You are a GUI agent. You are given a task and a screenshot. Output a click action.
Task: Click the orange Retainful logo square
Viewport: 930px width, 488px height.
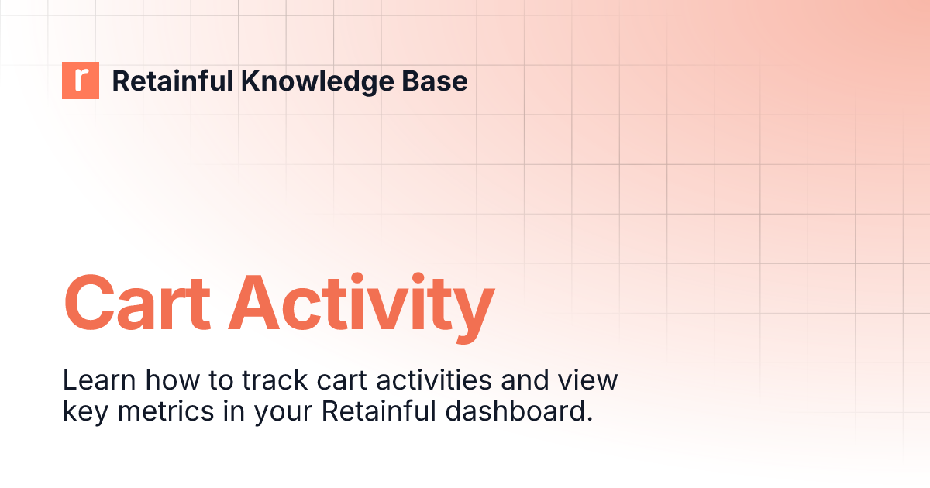pos(81,81)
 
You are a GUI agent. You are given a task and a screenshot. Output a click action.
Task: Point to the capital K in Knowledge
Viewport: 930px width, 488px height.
pos(248,81)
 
